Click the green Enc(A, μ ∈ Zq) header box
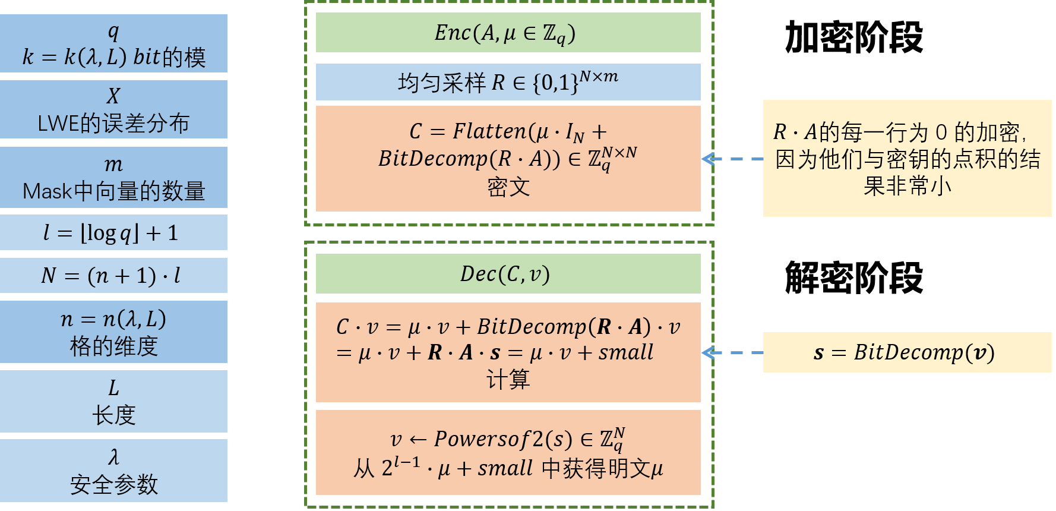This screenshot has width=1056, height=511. [508, 33]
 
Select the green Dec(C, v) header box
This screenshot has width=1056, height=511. [508, 274]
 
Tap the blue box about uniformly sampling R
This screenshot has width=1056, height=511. [508, 82]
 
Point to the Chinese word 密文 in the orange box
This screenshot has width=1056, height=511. [508, 188]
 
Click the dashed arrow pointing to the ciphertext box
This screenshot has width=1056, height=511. [732, 159]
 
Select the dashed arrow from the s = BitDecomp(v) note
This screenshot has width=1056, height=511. [732, 353]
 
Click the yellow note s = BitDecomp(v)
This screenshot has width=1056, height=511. [906, 353]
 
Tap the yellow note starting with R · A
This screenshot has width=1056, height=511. [906, 158]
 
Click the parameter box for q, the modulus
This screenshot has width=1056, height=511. [113, 43]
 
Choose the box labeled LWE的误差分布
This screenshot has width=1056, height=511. [113, 123]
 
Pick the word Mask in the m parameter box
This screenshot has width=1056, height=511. [47, 191]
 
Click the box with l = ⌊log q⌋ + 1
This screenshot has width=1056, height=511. [113, 232]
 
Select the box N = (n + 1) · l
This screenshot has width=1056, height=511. [113, 275]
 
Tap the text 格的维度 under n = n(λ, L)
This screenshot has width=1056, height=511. [113, 346]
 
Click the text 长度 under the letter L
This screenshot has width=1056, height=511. [113, 415]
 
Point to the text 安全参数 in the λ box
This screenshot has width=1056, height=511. [113, 484]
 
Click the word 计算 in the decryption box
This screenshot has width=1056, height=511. [508, 379]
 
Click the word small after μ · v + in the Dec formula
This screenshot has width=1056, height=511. [625, 352]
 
